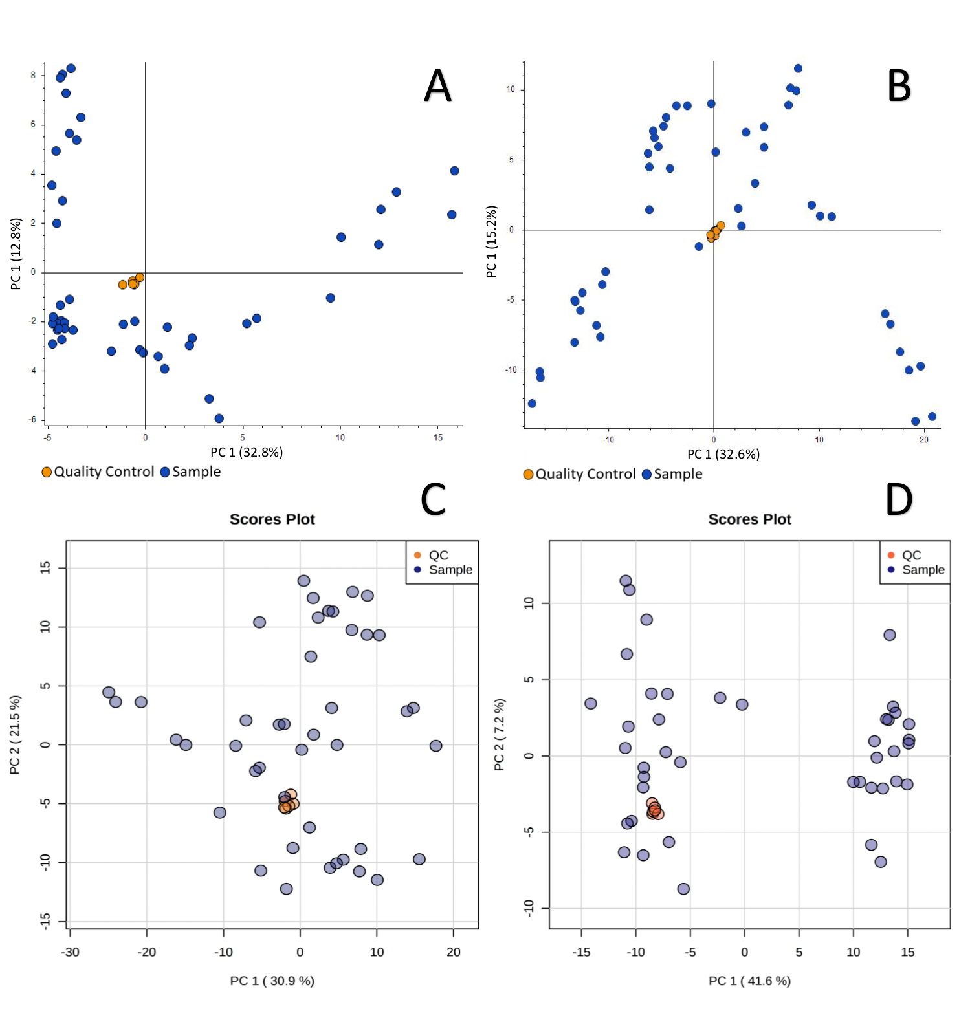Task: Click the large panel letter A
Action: (437, 86)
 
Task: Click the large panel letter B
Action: (899, 86)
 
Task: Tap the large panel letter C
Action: (433, 499)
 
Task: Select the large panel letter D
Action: (899, 500)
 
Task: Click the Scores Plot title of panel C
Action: (272, 519)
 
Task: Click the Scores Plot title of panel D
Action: (749, 519)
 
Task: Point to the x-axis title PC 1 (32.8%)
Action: (247, 452)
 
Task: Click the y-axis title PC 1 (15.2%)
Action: (492, 241)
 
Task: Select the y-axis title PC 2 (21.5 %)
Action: (15, 734)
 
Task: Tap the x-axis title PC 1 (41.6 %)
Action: (749, 981)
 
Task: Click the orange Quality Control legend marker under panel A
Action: (47, 472)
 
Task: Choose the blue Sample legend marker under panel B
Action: (646, 474)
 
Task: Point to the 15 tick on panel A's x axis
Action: (438, 438)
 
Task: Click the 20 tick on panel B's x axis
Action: (924, 440)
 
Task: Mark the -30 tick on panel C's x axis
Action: (70, 952)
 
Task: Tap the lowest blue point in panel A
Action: (219, 418)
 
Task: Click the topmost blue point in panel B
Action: (798, 69)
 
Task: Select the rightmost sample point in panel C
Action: (435, 746)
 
